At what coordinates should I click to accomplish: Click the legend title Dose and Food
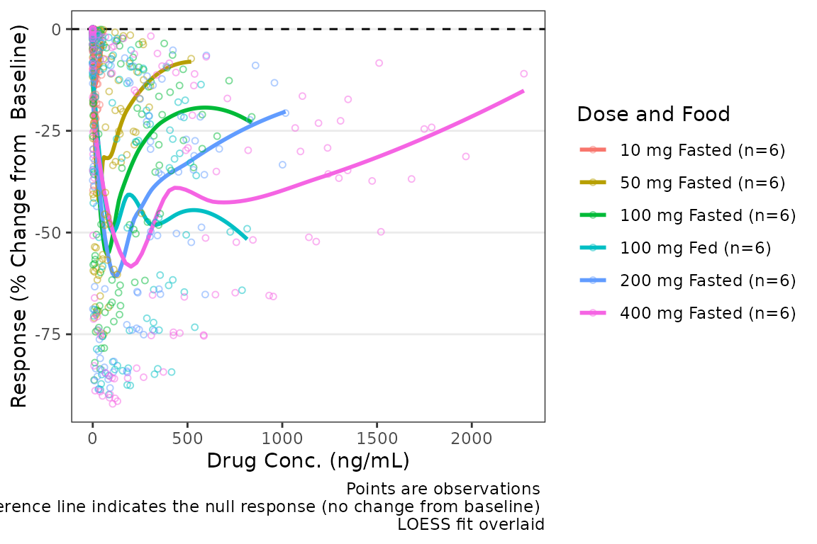[x=654, y=114]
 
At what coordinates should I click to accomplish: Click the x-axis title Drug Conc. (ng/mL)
[x=308, y=460]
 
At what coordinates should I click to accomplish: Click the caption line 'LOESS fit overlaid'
[x=471, y=525]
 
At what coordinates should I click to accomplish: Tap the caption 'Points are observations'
[x=443, y=489]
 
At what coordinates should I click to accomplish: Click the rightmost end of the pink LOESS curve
[x=523, y=91]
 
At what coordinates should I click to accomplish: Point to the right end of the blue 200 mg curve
[x=285, y=112]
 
